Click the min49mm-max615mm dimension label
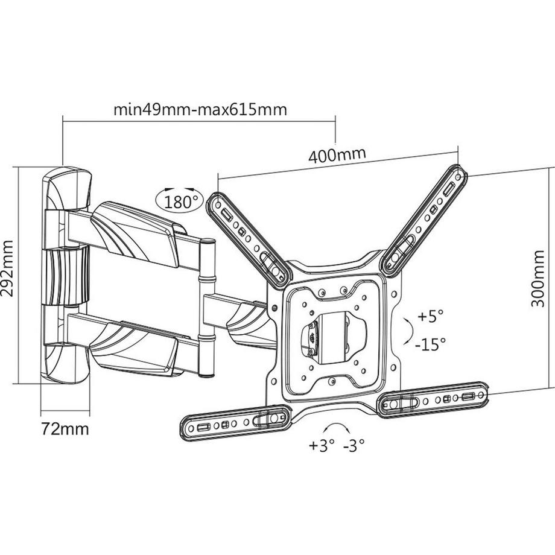coord(200,110)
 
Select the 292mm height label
coord(7,268)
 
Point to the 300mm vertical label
coord(538,279)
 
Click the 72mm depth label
coord(65,429)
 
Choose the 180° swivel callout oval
coord(180,201)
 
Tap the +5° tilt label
coord(430,316)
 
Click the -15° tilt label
coord(430,344)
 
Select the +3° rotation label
coord(322,445)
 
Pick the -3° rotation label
coord(354,445)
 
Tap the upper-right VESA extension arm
coord(423,220)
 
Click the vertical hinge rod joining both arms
coord(207,307)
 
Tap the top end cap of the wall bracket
coord(67,188)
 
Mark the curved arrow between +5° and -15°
coord(408,331)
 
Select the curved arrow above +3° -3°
coord(338,427)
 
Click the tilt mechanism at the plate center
coord(333,337)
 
